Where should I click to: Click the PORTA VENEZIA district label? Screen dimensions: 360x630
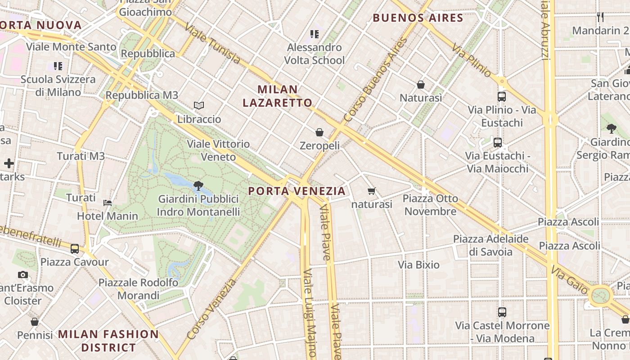click(297, 191)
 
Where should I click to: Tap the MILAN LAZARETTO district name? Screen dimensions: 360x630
click(277, 96)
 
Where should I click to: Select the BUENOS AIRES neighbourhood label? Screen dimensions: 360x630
click(418, 18)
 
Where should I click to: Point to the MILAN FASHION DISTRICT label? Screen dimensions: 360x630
click(108, 341)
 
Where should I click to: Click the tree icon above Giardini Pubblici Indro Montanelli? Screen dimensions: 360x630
click(198, 185)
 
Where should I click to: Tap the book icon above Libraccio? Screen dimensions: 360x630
click(199, 106)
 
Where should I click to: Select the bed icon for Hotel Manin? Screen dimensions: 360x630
click(108, 202)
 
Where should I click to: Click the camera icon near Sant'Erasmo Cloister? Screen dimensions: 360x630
click(23, 274)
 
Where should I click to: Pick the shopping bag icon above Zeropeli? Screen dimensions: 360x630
click(319, 132)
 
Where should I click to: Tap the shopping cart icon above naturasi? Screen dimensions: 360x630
click(372, 191)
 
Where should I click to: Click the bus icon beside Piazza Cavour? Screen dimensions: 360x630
click(75, 248)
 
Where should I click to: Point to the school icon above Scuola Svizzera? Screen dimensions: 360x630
click(58, 66)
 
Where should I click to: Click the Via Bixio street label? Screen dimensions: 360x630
click(418, 265)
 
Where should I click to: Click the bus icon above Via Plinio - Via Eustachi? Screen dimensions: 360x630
click(502, 96)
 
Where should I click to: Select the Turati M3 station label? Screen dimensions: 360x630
click(81, 156)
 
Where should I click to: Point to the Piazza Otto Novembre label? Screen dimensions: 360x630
click(430, 205)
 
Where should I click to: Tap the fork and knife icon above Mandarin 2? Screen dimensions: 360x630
click(600, 17)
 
